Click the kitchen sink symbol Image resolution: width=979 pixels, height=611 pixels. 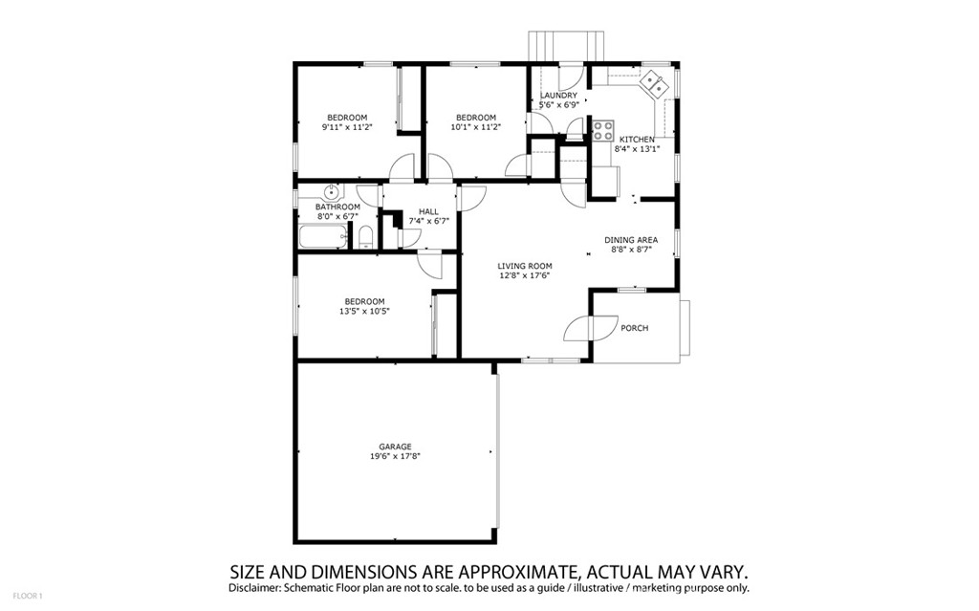(x=655, y=84)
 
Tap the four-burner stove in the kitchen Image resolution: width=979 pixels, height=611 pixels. (x=602, y=130)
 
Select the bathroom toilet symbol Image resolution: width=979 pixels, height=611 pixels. (x=365, y=237)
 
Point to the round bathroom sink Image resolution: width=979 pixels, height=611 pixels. (x=329, y=191)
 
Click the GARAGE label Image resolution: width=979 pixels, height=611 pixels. (x=395, y=447)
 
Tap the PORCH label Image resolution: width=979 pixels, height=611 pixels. (x=635, y=328)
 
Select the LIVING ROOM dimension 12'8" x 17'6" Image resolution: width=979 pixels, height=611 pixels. (x=525, y=276)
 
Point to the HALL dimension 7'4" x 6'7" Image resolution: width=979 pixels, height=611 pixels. (x=428, y=221)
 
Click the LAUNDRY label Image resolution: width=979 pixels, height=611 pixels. (x=558, y=96)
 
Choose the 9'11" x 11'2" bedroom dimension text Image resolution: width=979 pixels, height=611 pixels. (x=345, y=127)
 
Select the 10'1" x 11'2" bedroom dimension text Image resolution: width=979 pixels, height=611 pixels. (x=475, y=127)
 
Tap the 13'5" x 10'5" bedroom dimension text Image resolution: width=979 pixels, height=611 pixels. (x=364, y=311)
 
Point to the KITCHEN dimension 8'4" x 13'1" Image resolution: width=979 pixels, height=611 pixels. (x=637, y=148)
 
